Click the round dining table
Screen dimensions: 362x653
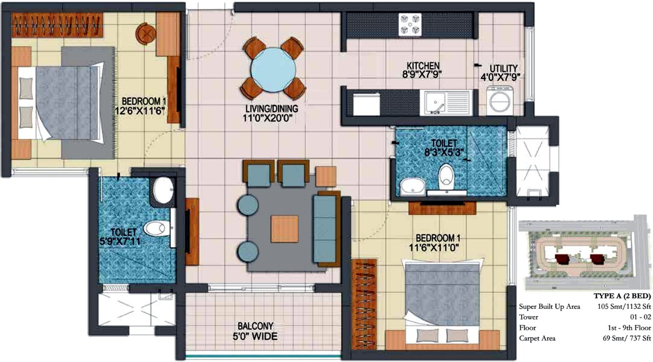pos(274,68)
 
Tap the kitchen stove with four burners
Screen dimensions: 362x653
pos(410,25)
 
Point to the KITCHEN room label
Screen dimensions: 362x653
pos(424,65)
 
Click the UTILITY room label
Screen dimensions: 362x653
pos(505,68)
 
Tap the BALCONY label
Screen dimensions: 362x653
pos(256,326)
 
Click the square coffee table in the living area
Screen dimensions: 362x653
pos(284,229)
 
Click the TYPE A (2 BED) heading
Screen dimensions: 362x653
pos(622,296)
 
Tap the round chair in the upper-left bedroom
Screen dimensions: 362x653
pos(146,33)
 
